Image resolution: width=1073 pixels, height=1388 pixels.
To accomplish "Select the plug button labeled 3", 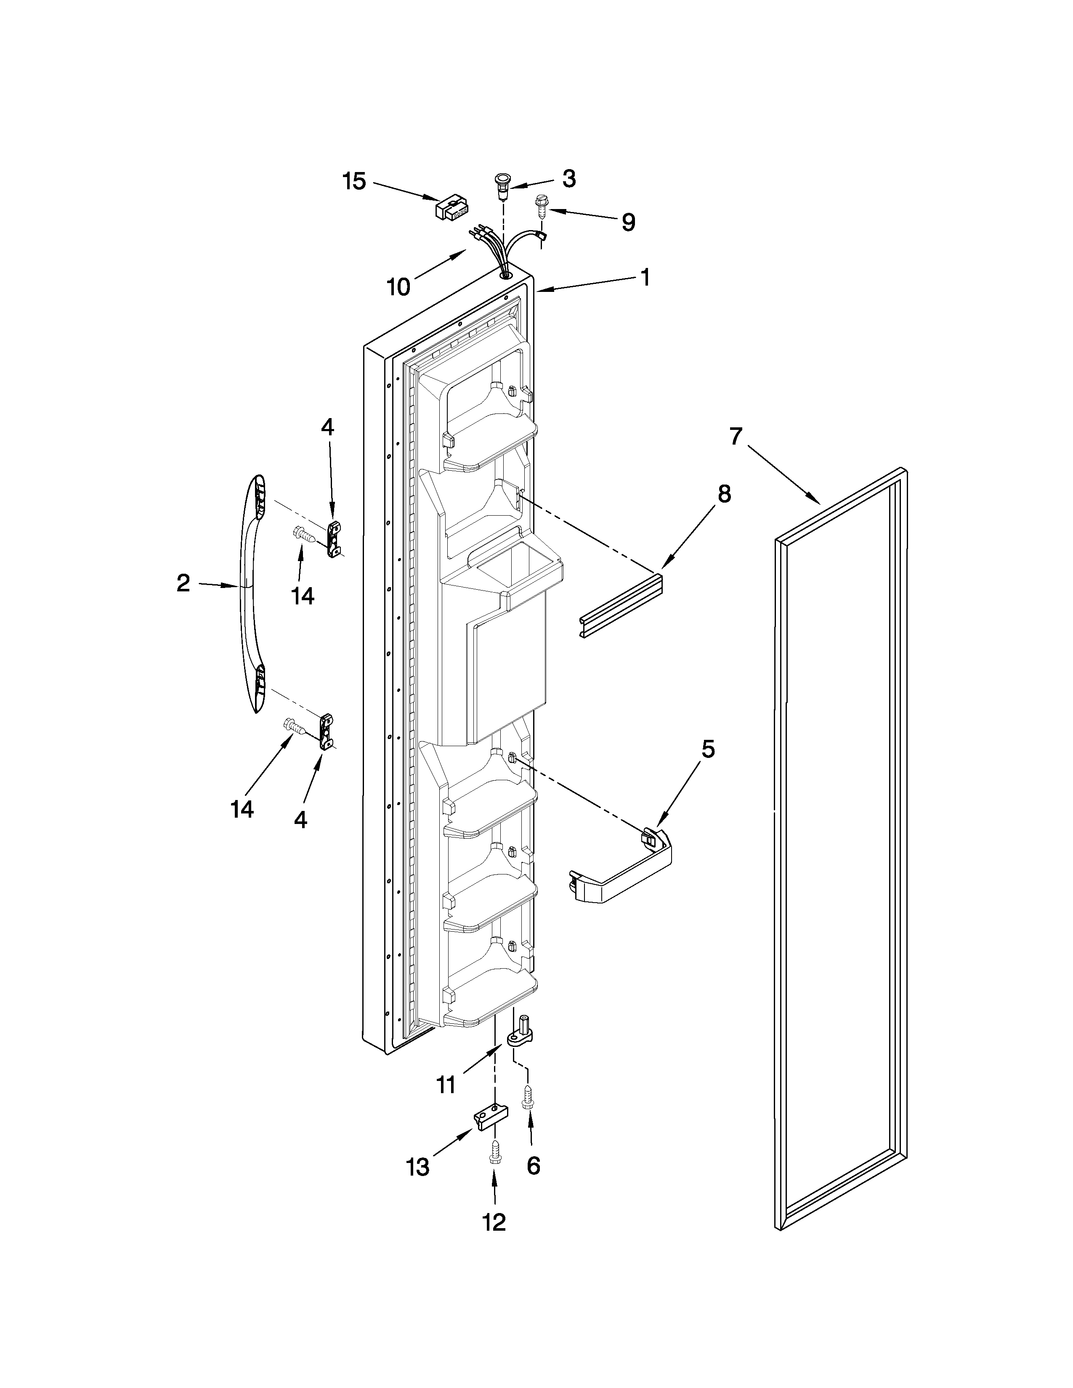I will (503, 184).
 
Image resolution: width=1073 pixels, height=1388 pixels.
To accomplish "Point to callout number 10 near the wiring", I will (398, 288).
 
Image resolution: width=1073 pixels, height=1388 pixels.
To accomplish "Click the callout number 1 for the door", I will (645, 277).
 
